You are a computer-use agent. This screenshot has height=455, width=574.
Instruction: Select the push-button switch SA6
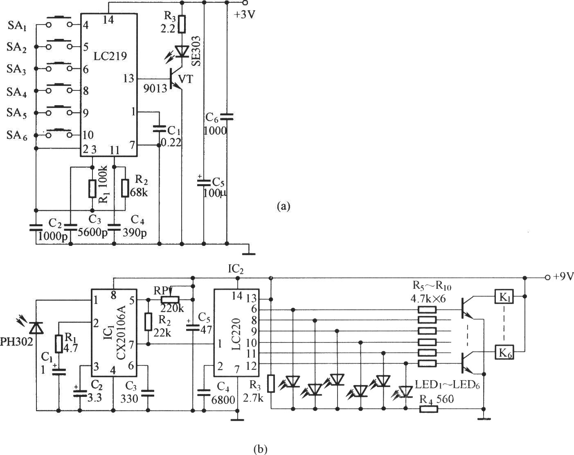59,132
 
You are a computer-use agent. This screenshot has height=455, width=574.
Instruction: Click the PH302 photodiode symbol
37,327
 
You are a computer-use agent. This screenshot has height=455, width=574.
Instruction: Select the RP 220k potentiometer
170,300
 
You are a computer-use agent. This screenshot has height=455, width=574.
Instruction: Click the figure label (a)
283,205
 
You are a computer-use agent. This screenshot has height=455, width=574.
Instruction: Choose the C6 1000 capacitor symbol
227,117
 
